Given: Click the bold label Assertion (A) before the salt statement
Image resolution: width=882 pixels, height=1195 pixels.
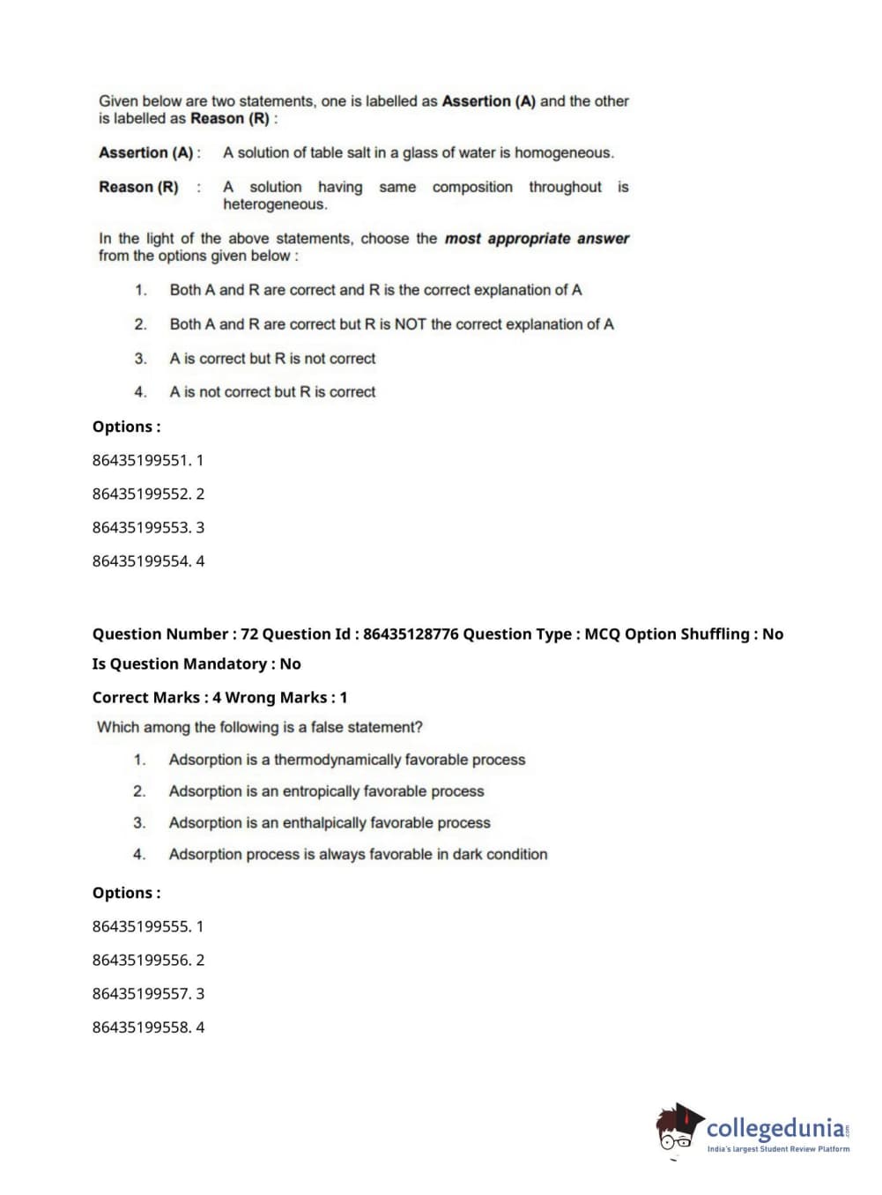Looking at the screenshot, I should [x=146, y=152].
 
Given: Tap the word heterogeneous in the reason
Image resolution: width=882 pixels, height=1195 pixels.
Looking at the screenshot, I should [x=274, y=204].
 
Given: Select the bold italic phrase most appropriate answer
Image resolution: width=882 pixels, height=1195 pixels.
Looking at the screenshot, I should [x=537, y=238].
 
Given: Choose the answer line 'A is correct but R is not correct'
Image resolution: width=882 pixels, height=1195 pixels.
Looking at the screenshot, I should [x=272, y=359].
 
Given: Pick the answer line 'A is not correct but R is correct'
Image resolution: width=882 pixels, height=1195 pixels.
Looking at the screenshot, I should [x=272, y=392].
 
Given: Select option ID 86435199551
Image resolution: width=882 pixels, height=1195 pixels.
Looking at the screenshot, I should [x=141, y=460].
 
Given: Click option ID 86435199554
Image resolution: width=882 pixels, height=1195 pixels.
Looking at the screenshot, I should [x=141, y=561].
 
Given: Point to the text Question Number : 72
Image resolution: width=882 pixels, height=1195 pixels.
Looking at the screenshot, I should [x=174, y=634].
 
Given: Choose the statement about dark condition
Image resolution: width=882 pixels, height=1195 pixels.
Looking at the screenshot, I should [x=358, y=854].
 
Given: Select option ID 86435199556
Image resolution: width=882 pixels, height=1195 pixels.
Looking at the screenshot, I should [x=141, y=960].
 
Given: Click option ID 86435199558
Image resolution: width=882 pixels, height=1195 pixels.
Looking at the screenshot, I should [x=141, y=1027].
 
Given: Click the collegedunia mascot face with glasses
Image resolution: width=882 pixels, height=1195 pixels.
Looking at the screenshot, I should [x=677, y=1132].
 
